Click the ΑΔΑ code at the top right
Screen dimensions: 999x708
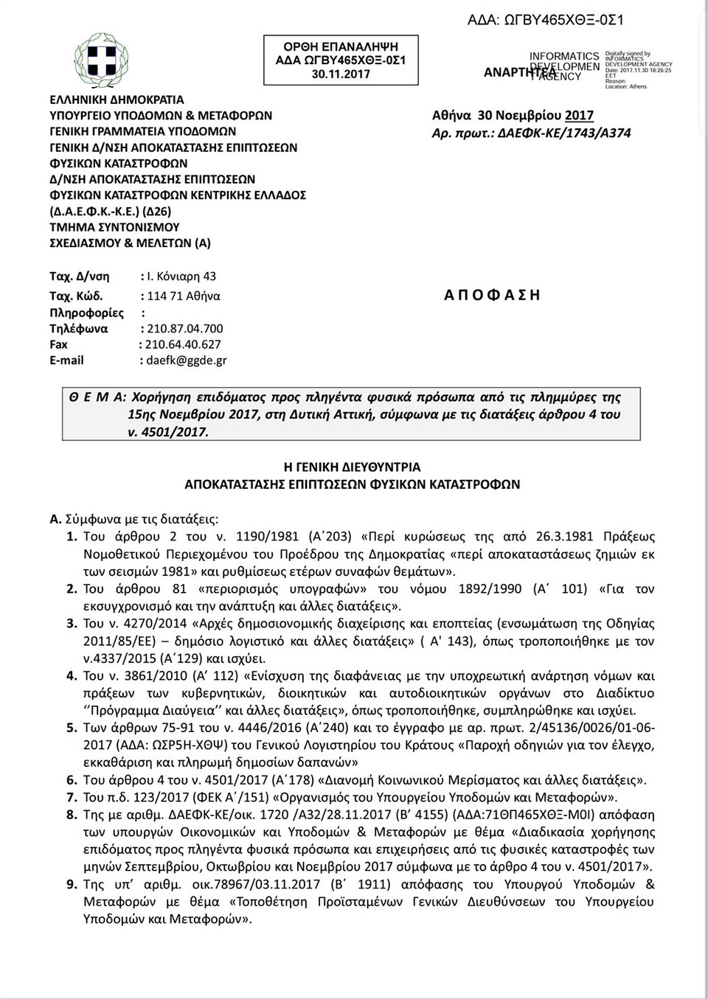click(546, 20)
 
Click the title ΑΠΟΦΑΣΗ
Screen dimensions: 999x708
click(492, 295)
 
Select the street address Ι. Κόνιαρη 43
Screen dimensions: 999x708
click(181, 276)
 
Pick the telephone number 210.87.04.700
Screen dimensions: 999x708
click(185, 328)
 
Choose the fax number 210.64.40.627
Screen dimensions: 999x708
click(183, 344)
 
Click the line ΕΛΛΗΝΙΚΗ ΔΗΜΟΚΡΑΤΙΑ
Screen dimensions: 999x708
click(117, 100)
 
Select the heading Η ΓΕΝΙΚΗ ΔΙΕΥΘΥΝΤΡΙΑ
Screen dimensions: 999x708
click(353, 467)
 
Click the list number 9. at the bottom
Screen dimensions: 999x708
click(72, 885)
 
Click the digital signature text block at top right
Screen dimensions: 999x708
click(637, 70)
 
